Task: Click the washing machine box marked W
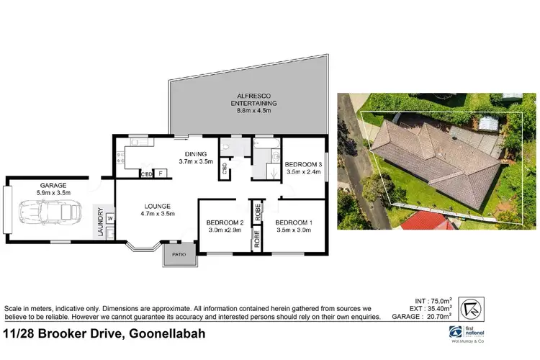110,218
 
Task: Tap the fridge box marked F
160,174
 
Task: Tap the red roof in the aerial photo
427,220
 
